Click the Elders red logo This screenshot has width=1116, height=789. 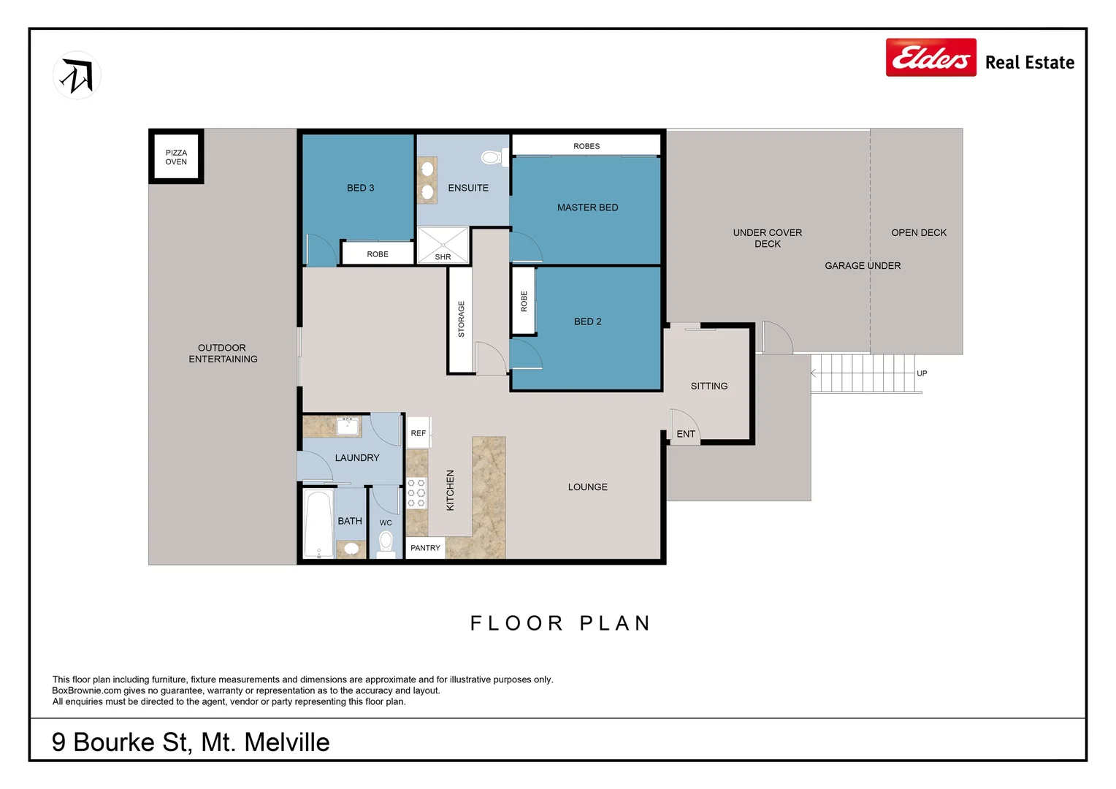point(930,58)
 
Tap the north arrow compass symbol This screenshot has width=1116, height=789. point(77,75)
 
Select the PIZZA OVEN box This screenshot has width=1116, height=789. point(176,157)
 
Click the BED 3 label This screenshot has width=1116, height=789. point(360,188)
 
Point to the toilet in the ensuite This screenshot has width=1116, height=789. point(492,157)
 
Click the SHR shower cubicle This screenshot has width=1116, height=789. point(443,245)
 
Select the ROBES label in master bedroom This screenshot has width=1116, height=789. point(586,146)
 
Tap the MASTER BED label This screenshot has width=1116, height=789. point(587,207)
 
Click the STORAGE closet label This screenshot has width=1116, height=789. point(461,319)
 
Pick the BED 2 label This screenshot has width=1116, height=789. point(587,321)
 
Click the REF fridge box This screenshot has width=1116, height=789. point(418,433)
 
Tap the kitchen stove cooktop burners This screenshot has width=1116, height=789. point(416,493)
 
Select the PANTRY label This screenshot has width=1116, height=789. point(425,548)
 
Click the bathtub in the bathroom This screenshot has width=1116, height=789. point(318,524)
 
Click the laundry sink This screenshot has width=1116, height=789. point(348,425)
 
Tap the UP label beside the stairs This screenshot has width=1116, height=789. point(922,373)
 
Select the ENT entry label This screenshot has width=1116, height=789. point(686,434)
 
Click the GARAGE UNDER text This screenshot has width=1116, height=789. point(863,266)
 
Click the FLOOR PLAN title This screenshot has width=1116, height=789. point(560,623)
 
